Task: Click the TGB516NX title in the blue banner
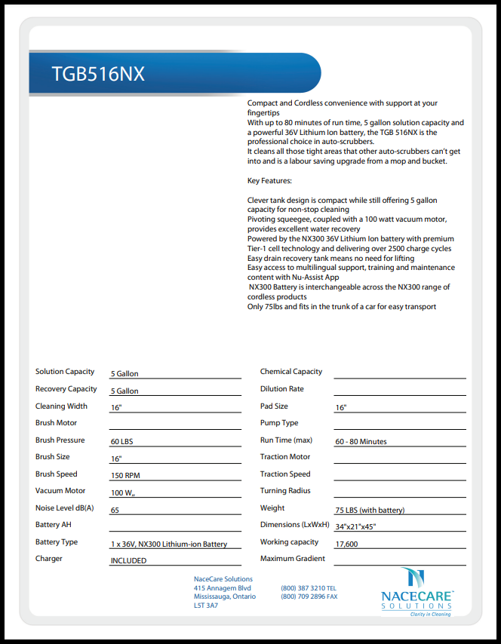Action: pyautogui.click(x=98, y=74)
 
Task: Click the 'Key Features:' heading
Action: pyautogui.click(x=269, y=181)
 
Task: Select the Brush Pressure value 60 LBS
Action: pyautogui.click(x=122, y=441)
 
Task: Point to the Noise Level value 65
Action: pyautogui.click(x=115, y=510)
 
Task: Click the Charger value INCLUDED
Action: pyautogui.click(x=128, y=561)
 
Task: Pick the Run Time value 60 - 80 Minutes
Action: pyautogui.click(x=361, y=441)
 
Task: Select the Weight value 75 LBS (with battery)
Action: pyautogui.click(x=370, y=510)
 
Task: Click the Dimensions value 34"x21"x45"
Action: pyautogui.click(x=355, y=526)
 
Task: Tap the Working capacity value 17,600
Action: pyautogui.click(x=346, y=544)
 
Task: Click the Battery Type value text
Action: pyautogui.click(x=169, y=544)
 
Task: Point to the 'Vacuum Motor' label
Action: pyautogui.click(x=60, y=490)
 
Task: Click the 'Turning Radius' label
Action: pyautogui.click(x=285, y=490)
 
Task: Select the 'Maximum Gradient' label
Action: pyautogui.click(x=293, y=559)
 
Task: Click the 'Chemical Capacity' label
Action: pyautogui.click(x=291, y=371)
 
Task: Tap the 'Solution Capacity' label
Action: pyautogui.click(x=65, y=371)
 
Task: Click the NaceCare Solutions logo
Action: pyautogui.click(x=417, y=592)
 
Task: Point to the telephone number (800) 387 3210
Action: pyautogui.click(x=303, y=587)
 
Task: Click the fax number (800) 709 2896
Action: pyautogui.click(x=303, y=596)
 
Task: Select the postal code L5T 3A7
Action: pyautogui.click(x=206, y=606)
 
